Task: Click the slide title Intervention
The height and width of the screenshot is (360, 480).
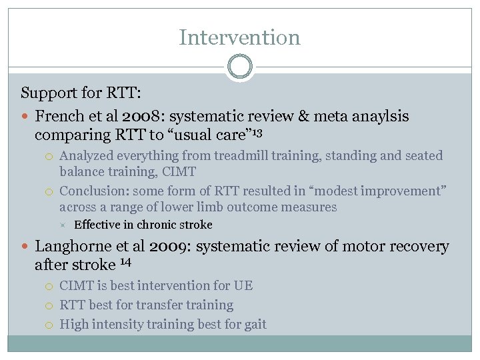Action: tap(239, 37)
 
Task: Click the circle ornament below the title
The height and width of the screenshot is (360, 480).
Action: tap(239, 67)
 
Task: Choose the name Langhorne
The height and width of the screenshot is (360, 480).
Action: tap(73, 247)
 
